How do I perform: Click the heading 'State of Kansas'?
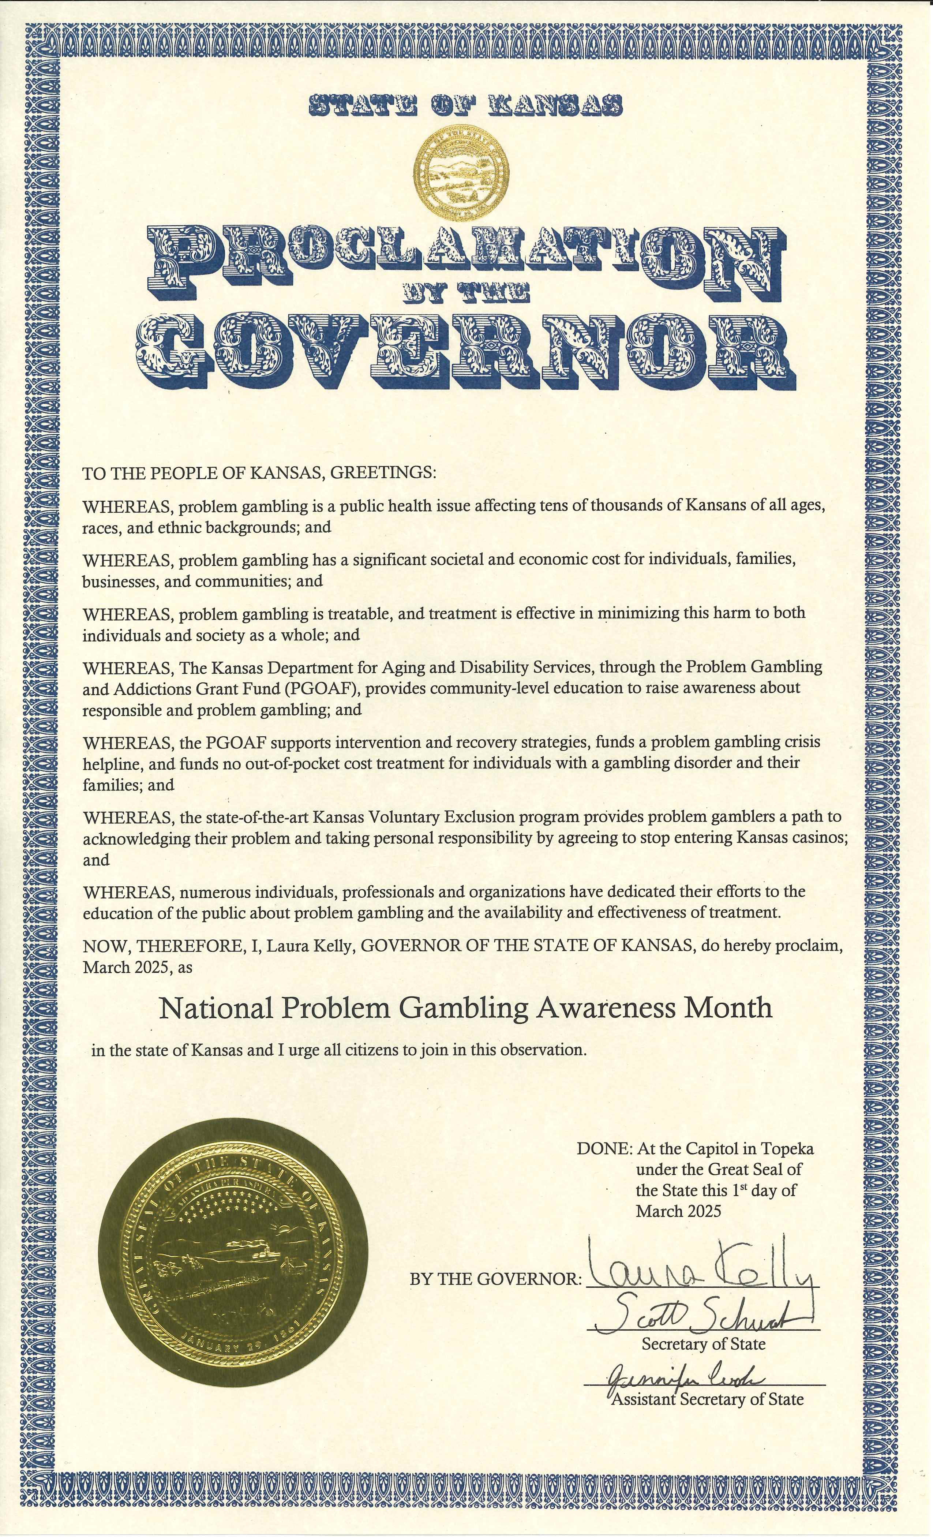pyautogui.click(x=466, y=106)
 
